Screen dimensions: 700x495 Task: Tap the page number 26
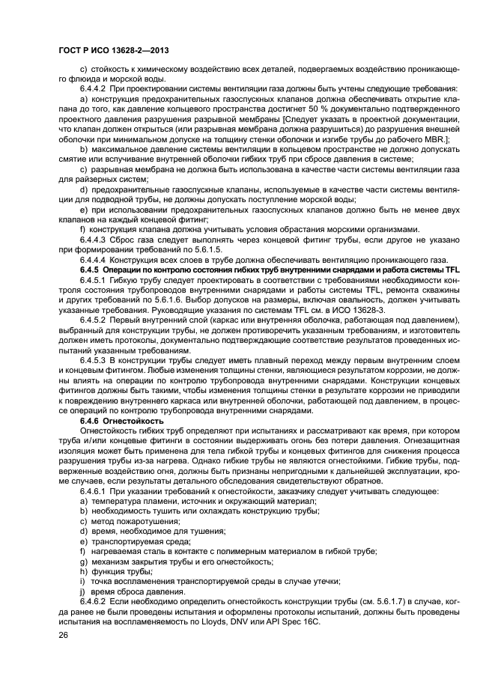[x=63, y=636]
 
